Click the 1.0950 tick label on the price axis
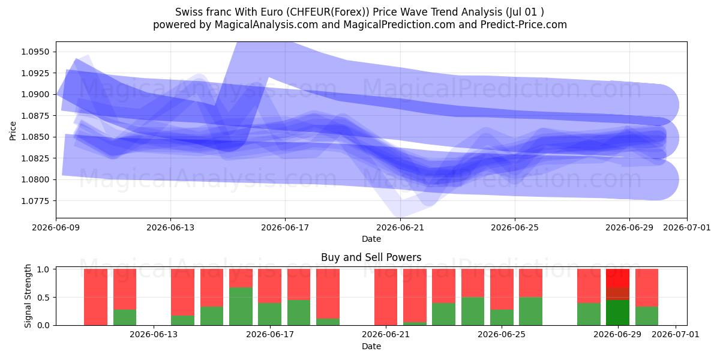(35, 52)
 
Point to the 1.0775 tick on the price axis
(35, 201)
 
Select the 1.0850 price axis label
(35, 137)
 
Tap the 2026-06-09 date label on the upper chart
(56, 227)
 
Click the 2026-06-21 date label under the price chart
(400, 227)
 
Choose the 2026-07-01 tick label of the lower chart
(676, 334)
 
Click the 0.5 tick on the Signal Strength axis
(43, 298)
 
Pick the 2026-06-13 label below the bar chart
(154, 334)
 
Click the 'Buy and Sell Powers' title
(371, 257)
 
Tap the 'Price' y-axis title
(13, 131)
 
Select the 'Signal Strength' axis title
(28, 296)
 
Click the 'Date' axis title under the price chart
(371, 239)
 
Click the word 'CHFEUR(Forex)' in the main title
(328, 12)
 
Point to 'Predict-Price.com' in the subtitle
(524, 25)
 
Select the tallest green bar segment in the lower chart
(241, 307)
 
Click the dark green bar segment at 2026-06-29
(617, 313)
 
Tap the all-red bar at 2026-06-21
(386, 297)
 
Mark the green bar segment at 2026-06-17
(269, 314)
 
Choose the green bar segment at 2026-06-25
(502, 317)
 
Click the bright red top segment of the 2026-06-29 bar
(617, 278)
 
